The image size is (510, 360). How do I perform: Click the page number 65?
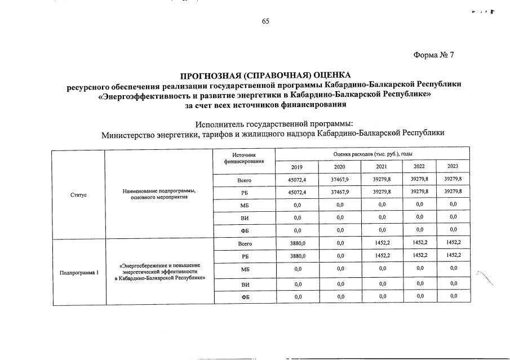(265, 21)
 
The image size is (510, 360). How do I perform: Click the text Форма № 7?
(433, 55)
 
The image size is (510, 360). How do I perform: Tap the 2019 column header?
(296, 167)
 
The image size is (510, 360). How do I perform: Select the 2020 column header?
(339, 167)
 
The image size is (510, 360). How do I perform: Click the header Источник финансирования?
(244, 158)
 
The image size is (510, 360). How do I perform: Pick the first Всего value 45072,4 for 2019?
(296, 180)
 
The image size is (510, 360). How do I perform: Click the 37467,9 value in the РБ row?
(339, 193)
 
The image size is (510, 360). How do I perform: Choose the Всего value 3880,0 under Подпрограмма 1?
(296, 244)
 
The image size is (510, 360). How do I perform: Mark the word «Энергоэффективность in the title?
(141, 95)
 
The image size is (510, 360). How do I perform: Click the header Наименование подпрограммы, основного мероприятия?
(159, 194)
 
